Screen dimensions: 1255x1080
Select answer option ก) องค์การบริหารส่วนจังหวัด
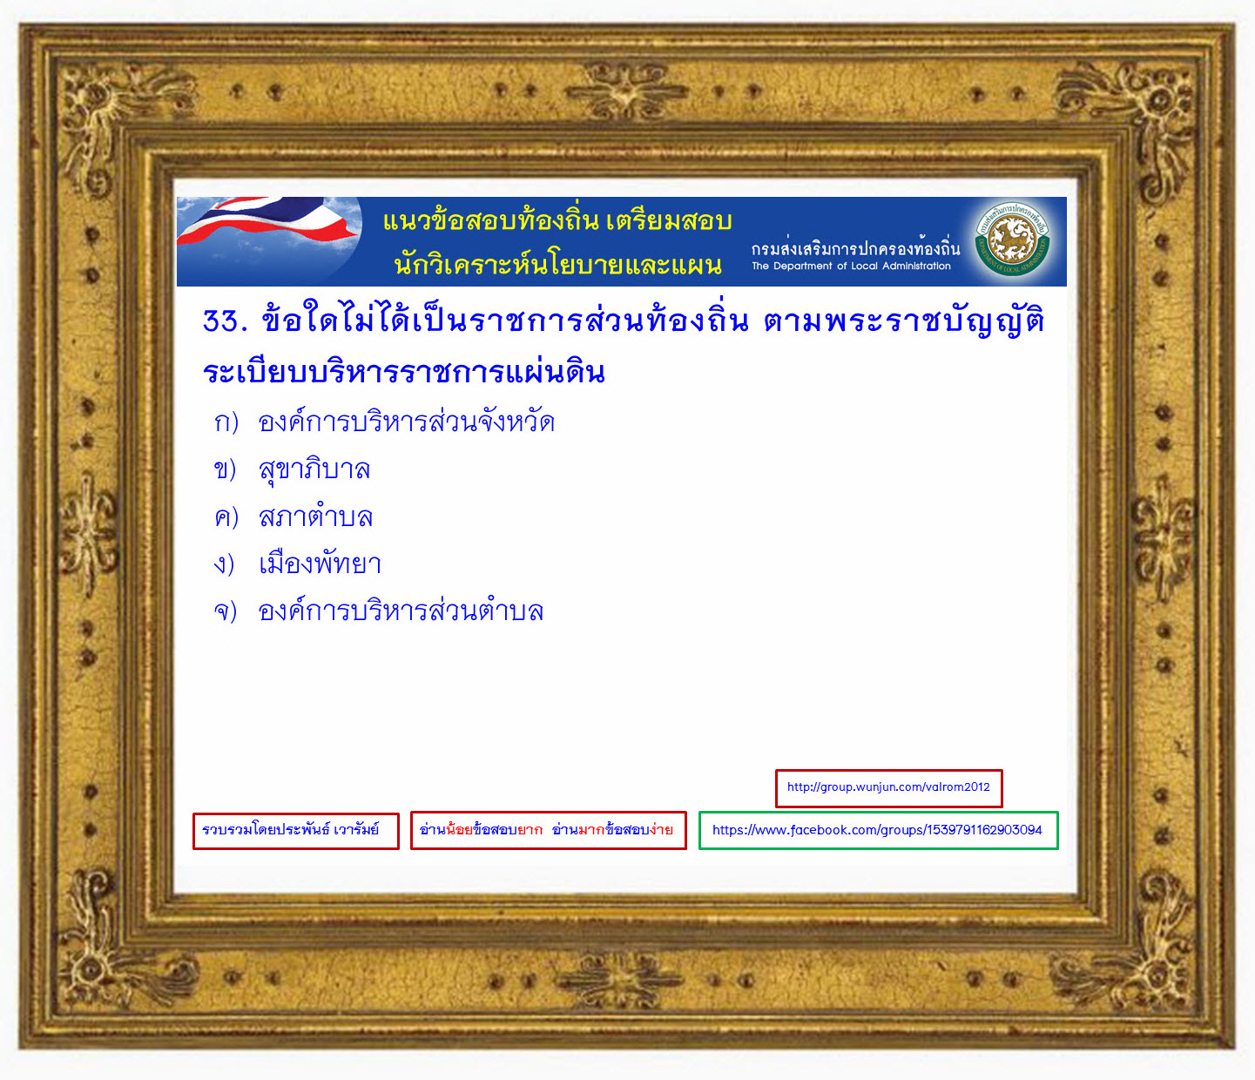pyautogui.click(x=384, y=422)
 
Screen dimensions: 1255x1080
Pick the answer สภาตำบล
pyautogui.click(x=315, y=516)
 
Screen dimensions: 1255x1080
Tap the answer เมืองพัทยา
pyautogui.click(x=320, y=564)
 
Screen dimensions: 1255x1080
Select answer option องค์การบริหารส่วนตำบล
pyautogui.click(x=401, y=611)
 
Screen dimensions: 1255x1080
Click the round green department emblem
pyautogui.click(x=1011, y=240)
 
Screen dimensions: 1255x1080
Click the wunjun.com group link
pyautogui.click(x=888, y=787)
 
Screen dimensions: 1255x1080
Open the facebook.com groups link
pyautogui.click(x=878, y=830)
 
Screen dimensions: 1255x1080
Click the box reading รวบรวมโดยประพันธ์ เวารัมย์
pyautogui.click(x=296, y=831)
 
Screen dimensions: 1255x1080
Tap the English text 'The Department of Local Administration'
pyautogui.click(x=851, y=266)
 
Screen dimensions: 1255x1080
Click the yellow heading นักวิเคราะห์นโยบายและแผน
pyautogui.click(x=558, y=265)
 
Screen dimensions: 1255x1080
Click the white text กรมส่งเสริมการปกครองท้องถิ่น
pyautogui.click(x=855, y=247)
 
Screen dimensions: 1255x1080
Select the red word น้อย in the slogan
pyautogui.click(x=460, y=829)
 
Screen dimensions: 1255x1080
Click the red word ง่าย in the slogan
pyautogui.click(x=661, y=829)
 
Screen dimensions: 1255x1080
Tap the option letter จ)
pyautogui.click(x=226, y=611)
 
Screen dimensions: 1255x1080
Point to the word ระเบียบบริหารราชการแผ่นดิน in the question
pyautogui.click(x=404, y=371)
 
